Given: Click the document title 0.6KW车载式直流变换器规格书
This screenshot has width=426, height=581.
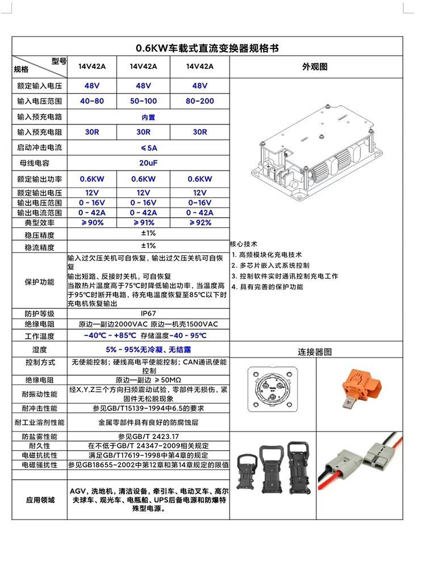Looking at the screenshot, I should tap(207, 48).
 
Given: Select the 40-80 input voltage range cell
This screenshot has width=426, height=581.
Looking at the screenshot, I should tap(92, 101).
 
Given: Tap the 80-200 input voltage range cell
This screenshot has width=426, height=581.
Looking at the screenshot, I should tap(199, 101).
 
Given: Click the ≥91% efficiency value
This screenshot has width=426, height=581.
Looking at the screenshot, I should tap(143, 223).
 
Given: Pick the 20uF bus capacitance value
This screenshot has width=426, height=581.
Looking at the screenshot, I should tap(148, 162).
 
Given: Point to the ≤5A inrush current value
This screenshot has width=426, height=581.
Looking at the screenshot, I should tap(148, 148).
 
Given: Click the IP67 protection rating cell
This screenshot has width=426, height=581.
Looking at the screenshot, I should tap(148, 313).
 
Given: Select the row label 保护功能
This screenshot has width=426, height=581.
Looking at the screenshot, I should tap(39, 282).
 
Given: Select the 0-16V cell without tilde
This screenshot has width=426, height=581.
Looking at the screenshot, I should tap(199, 202).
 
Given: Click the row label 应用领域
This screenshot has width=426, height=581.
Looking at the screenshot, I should tap(39, 500).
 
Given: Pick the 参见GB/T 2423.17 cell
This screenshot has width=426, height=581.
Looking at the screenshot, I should tap(148, 436).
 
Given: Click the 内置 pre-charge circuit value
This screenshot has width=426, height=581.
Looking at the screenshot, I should tap(148, 118).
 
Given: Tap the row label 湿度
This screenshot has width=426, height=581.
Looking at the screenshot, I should tap(39, 350).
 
